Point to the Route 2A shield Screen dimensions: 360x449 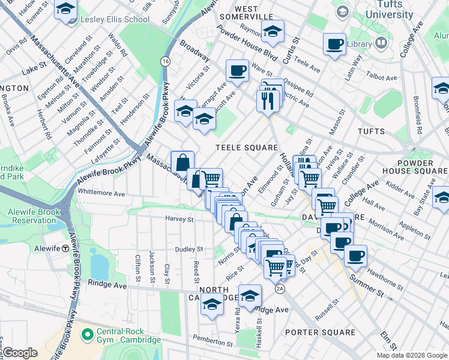(280, 289)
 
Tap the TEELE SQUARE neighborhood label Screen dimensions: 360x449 (247, 148)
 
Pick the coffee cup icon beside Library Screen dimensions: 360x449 (334, 44)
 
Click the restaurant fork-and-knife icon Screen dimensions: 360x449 (268, 100)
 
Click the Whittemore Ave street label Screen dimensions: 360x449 (101, 194)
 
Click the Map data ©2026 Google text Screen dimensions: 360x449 (412, 355)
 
